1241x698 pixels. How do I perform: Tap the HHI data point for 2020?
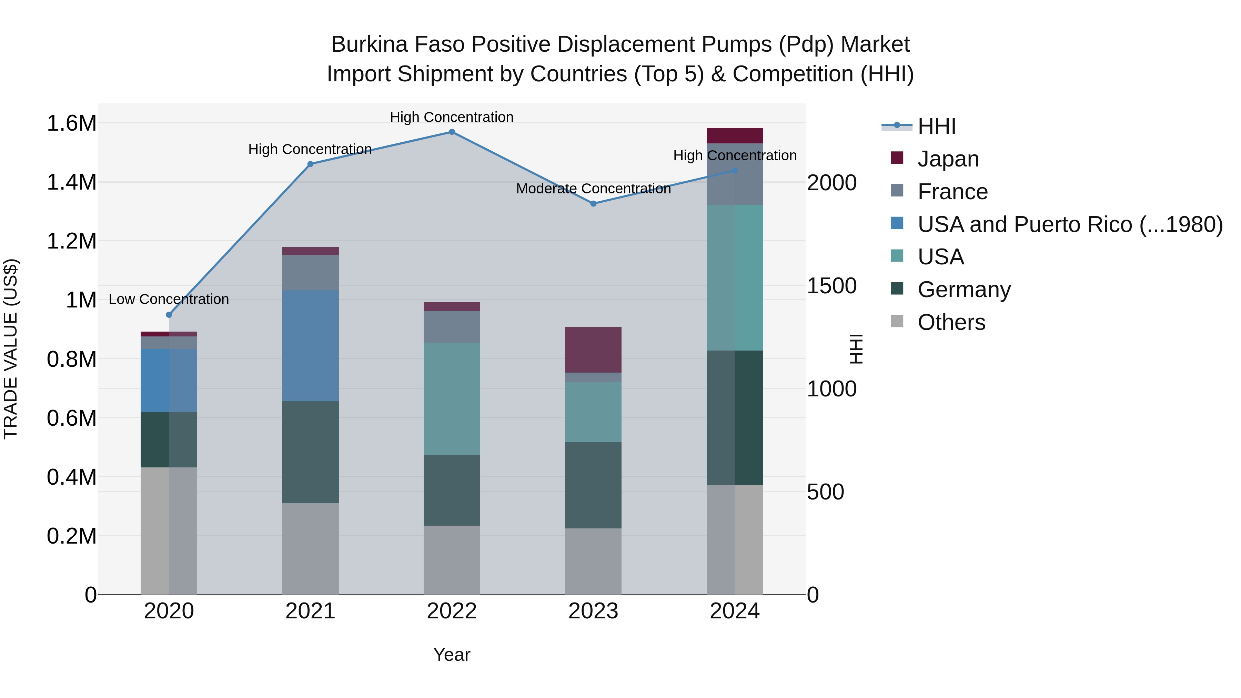coord(169,315)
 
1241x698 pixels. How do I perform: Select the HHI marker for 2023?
coord(593,204)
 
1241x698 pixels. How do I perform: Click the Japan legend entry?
coord(948,159)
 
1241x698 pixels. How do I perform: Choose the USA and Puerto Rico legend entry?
coord(1069,224)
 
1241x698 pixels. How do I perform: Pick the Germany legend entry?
coord(963,290)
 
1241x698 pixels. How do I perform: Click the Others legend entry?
coord(951,322)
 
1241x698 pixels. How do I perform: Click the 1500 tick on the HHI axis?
coord(831,286)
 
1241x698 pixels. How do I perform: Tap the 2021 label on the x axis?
coord(310,611)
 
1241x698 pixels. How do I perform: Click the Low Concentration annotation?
coord(169,299)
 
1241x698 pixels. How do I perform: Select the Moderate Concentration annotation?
coord(593,189)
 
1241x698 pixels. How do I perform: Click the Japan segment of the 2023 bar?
coord(593,350)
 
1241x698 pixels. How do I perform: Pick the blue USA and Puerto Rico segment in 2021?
coord(310,345)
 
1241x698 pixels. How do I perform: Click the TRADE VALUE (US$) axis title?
coord(11,349)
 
